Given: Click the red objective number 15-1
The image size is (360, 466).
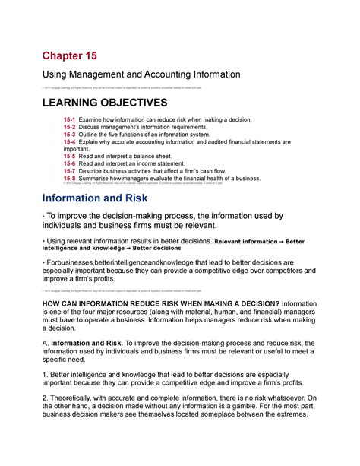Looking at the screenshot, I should point(71,121).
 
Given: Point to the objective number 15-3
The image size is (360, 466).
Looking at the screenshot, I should point(71,135).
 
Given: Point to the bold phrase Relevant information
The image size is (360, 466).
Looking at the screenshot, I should point(245,242).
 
